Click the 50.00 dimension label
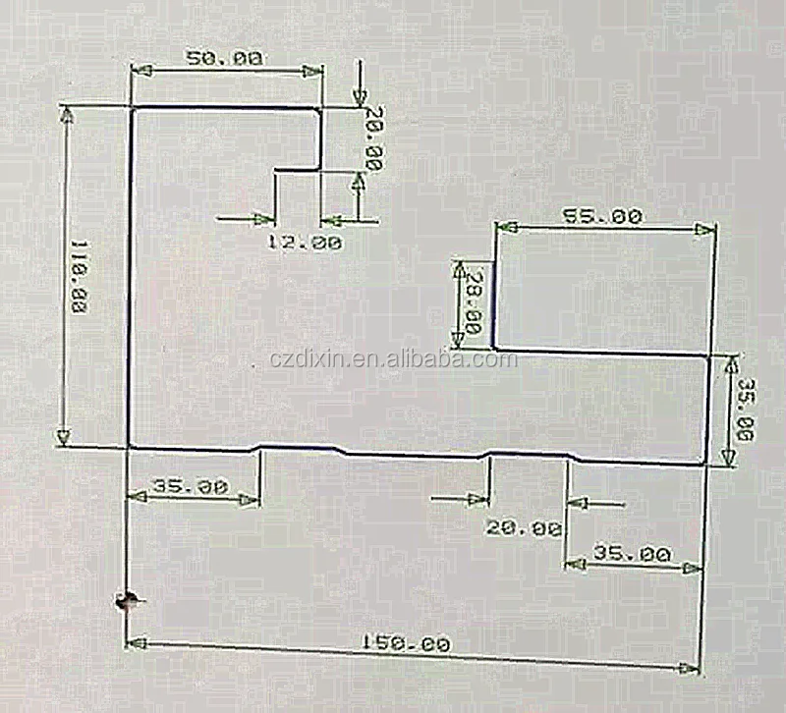tap(225, 58)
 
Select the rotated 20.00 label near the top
tap(373, 138)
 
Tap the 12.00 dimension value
tap(305, 242)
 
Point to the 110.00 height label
tap(75, 278)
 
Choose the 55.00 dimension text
tap(602, 216)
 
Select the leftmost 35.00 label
tap(192, 486)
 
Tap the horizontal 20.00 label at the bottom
tap(524, 527)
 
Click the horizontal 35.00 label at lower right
tap(632, 554)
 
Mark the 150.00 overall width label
tap(406, 644)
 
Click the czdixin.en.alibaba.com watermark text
tap(393, 359)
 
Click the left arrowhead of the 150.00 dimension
tap(136, 643)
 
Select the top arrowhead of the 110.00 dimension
tap(67, 113)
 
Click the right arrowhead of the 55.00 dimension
tap(705, 230)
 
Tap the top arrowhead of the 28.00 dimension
tap(457, 268)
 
